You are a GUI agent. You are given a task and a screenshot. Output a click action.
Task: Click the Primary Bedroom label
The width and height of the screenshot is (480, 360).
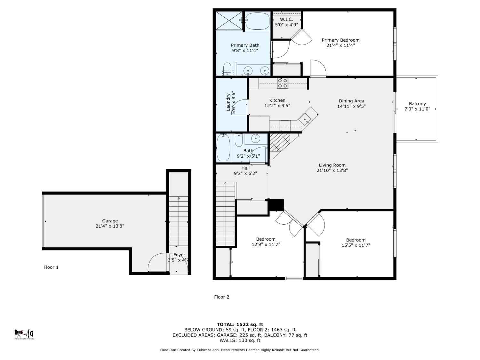click(x=340, y=40)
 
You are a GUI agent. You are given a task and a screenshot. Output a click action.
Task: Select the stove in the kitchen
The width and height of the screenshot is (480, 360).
click(x=283, y=83)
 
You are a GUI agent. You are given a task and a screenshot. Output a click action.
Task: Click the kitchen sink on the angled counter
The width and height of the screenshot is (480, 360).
click(x=306, y=119)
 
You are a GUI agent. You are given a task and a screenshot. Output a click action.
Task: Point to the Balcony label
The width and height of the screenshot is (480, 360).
click(x=417, y=104)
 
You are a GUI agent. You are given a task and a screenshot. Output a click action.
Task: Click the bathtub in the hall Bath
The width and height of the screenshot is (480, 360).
click(x=223, y=148)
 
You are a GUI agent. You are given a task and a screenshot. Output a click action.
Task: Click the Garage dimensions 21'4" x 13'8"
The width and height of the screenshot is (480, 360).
click(x=110, y=226)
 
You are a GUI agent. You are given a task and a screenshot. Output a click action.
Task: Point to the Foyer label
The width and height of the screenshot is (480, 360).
click(x=179, y=255)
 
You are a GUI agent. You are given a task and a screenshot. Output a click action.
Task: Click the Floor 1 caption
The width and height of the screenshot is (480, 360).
click(x=51, y=267)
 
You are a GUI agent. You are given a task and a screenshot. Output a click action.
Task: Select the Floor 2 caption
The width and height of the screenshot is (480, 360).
click(x=221, y=297)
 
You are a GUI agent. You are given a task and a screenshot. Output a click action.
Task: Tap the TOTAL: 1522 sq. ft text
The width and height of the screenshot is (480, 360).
click(x=240, y=324)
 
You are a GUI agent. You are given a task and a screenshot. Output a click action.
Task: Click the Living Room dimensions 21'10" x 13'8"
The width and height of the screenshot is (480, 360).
click(x=332, y=171)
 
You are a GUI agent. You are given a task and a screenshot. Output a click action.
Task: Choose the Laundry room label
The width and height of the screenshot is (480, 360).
click(x=228, y=102)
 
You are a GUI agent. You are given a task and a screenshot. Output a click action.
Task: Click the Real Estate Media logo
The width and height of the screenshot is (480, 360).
click(x=24, y=334)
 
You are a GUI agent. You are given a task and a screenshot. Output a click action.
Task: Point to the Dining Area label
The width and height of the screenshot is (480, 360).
click(x=351, y=101)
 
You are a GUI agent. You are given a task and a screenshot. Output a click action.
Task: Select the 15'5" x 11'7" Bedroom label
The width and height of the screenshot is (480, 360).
click(x=356, y=243)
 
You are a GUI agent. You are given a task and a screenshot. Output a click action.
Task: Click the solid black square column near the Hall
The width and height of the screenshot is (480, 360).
click(x=276, y=205)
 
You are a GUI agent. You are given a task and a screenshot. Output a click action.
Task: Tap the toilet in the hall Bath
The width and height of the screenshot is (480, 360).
click(x=238, y=140)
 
